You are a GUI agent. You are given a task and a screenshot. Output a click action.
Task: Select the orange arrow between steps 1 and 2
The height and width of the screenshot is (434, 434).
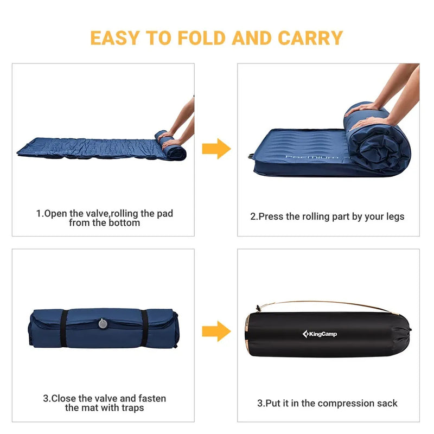point(216,148)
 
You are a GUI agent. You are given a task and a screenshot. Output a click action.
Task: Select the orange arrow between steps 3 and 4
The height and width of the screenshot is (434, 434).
point(216,331)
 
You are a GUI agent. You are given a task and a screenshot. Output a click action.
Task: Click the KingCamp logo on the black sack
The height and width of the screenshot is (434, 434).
point(320,334)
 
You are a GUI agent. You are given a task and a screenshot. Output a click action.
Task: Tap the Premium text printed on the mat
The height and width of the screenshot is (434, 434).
point(312,158)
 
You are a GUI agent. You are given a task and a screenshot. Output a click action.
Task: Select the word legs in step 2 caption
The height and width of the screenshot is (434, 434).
point(393,216)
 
